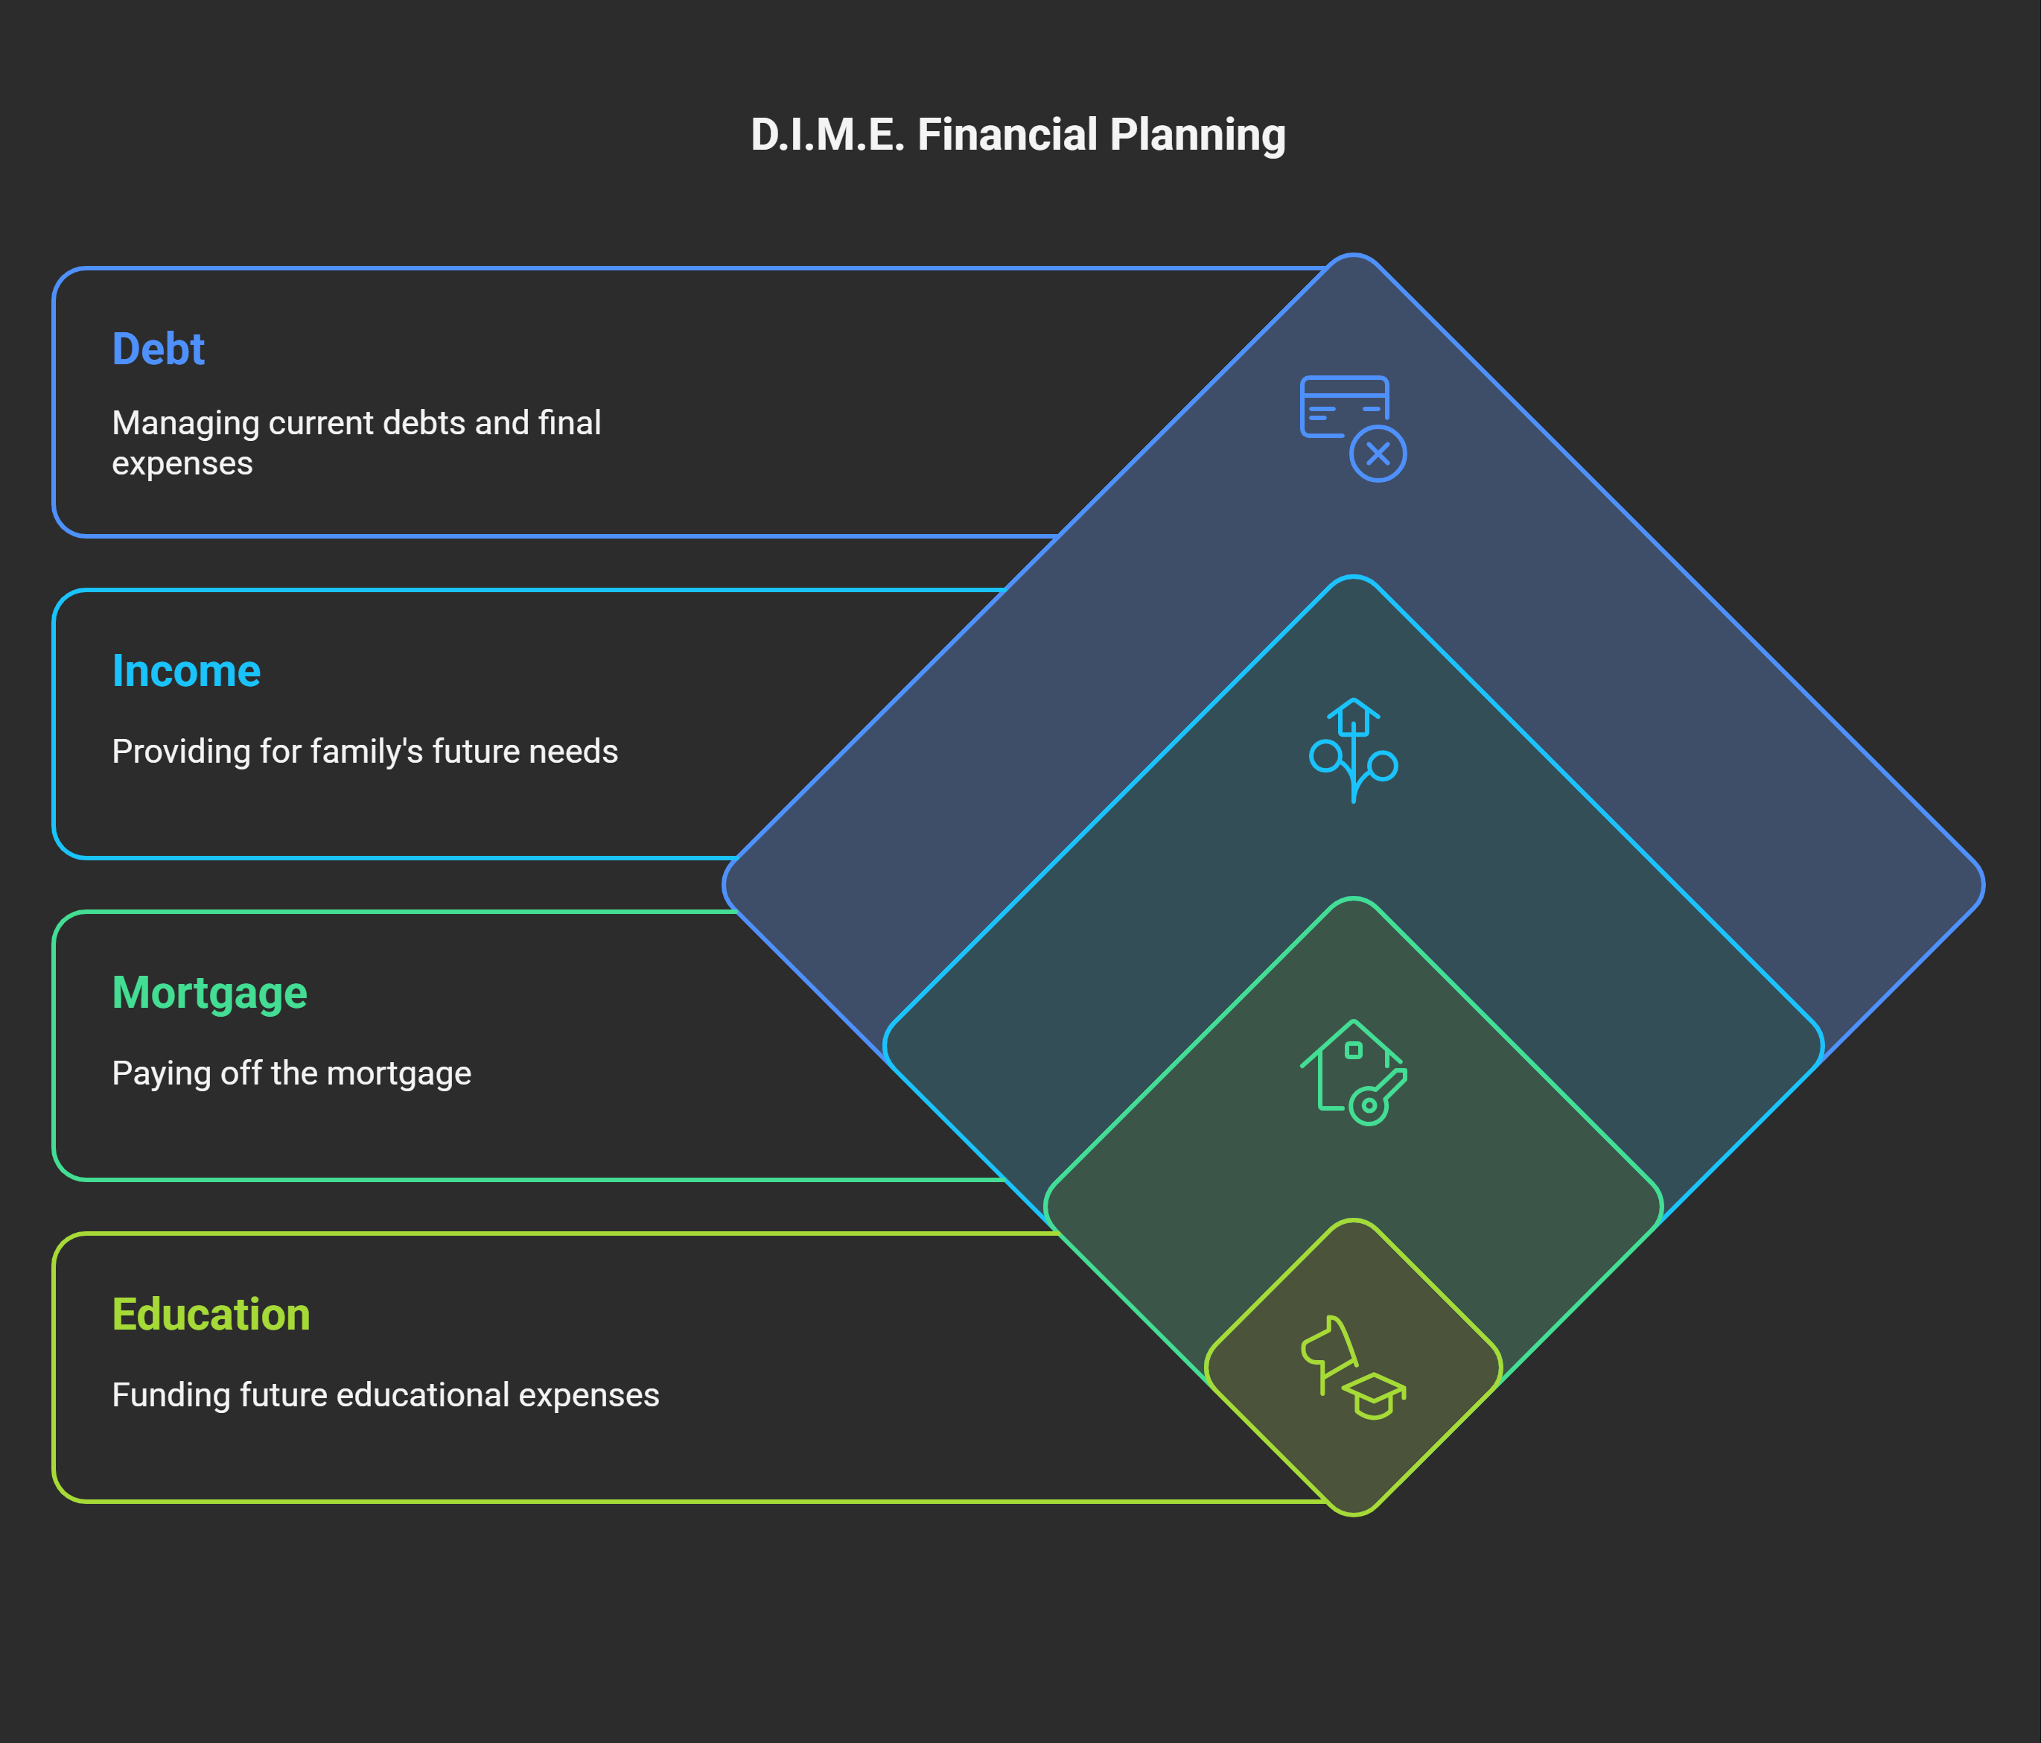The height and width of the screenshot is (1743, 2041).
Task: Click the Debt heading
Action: click(x=158, y=349)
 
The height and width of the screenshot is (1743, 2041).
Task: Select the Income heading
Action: click(x=186, y=671)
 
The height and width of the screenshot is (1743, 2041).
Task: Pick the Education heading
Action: click(x=211, y=1315)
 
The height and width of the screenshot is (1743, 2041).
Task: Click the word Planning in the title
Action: click(x=1199, y=135)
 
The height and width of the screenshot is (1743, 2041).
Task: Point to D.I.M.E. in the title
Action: click(x=827, y=135)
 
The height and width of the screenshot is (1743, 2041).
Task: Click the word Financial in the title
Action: click(x=1007, y=135)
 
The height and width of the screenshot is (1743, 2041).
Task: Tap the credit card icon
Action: click(x=1343, y=406)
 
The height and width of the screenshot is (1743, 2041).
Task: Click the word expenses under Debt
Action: click(x=182, y=463)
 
